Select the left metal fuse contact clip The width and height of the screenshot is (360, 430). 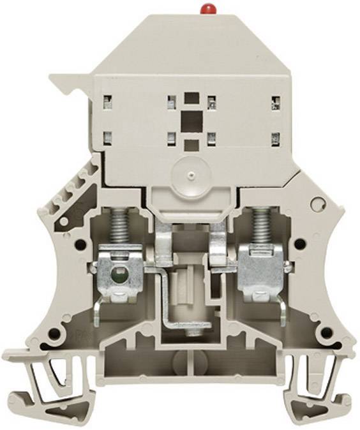pos(164,245)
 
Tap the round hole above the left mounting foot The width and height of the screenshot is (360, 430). pos(57,333)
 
